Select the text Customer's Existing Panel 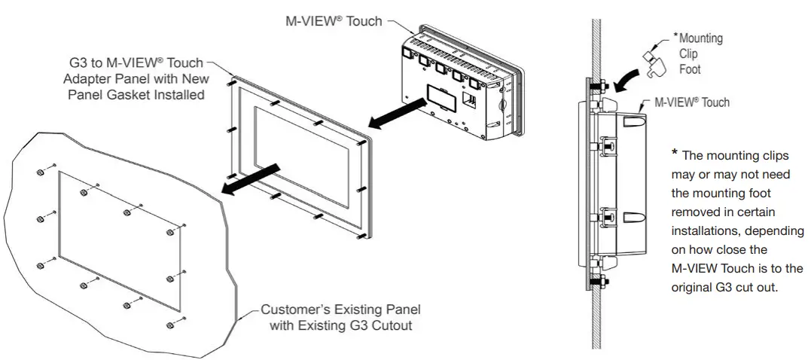(x=340, y=310)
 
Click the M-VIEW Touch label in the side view (x=692, y=102)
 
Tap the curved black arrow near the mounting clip (x=624, y=78)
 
